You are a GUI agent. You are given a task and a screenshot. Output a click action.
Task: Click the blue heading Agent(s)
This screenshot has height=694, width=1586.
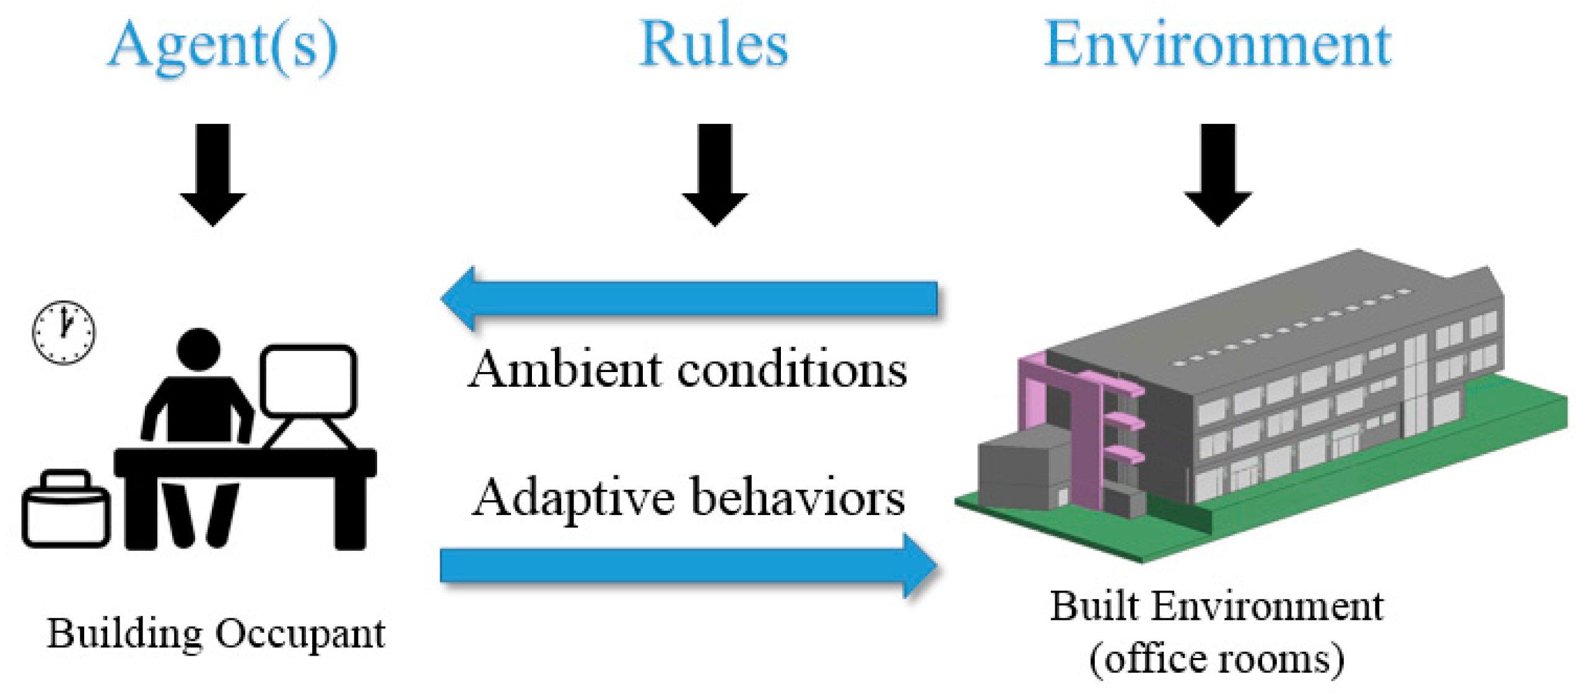tap(223, 46)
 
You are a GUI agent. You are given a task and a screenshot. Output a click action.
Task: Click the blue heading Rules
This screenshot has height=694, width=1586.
tap(713, 45)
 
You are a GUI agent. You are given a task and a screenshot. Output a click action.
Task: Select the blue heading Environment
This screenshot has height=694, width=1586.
tap(1218, 45)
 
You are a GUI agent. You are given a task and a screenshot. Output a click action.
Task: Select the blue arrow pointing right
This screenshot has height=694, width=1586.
tap(687, 565)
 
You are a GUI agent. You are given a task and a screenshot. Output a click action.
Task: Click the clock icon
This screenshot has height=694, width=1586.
tap(64, 332)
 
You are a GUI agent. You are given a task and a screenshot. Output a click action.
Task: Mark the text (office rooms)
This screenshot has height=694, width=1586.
tap(1216, 659)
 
